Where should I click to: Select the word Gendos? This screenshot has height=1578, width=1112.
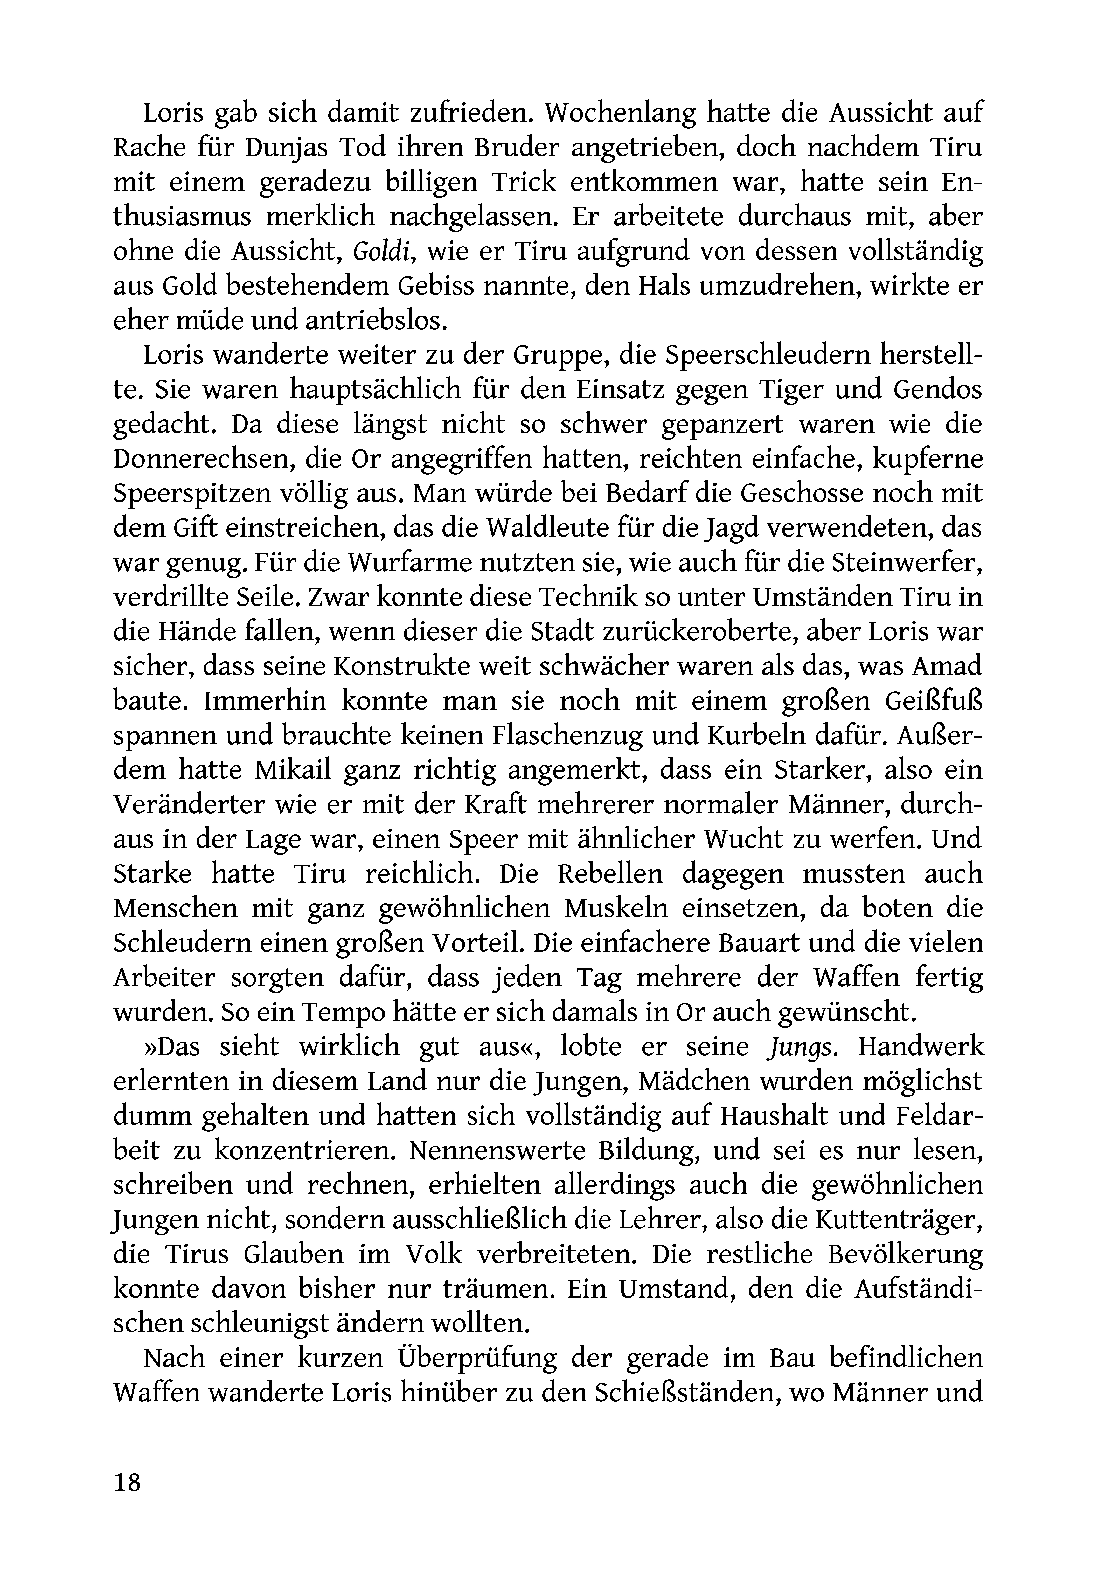click(938, 390)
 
